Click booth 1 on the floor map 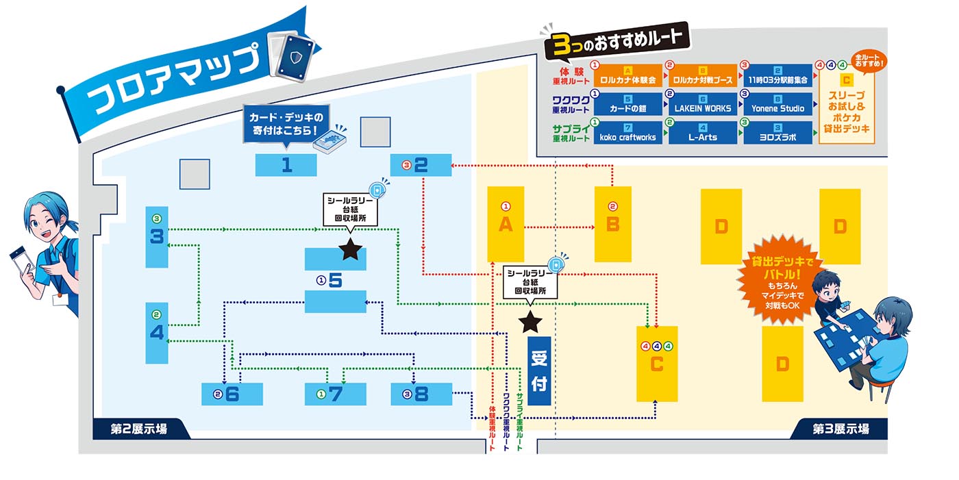[x=286, y=165]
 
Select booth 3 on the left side [x=157, y=237]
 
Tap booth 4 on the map [x=157, y=333]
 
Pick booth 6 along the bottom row [x=232, y=394]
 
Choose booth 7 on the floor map [x=335, y=394]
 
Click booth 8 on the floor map [x=421, y=394]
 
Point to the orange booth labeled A [x=506, y=224]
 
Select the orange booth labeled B [x=612, y=224]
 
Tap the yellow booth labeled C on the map [x=656, y=364]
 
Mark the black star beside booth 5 [x=350, y=249]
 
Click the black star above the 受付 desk [x=530, y=320]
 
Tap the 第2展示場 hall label [x=138, y=429]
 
